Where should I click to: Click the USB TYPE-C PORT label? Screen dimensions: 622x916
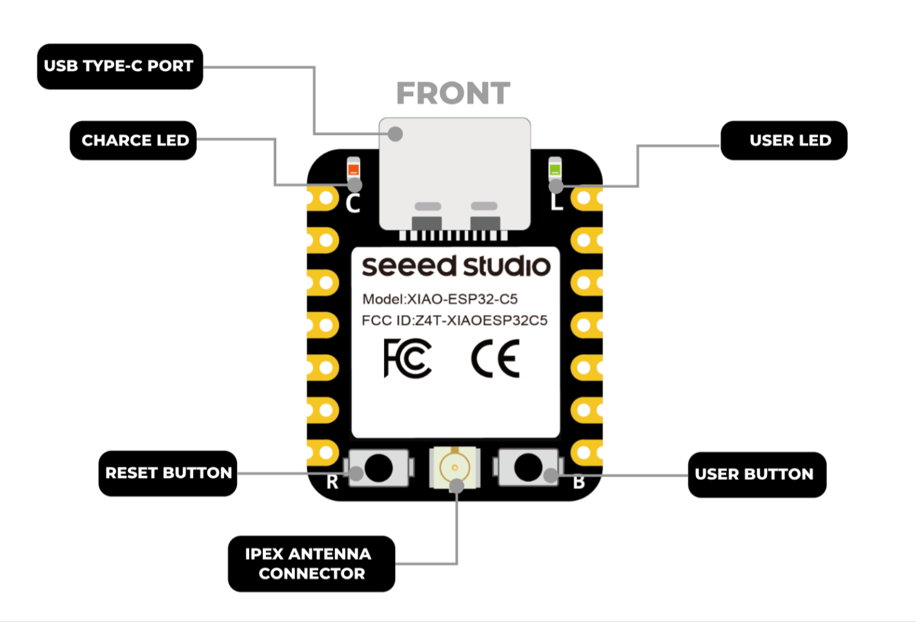[120, 67]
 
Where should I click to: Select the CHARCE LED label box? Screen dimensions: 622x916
[133, 140]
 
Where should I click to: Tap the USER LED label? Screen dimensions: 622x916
[784, 140]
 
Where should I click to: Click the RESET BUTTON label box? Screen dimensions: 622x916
[168, 473]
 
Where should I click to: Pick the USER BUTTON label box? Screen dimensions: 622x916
[757, 475]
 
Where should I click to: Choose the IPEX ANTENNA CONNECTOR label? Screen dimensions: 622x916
[311, 564]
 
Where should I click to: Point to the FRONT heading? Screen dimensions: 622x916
[453, 94]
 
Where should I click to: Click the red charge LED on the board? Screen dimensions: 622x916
[353, 170]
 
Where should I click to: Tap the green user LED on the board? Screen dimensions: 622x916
[555, 170]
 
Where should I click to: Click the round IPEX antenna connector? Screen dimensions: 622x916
[454, 467]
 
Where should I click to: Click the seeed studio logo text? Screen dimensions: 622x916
[456, 266]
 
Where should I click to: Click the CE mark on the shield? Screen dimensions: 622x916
[495, 359]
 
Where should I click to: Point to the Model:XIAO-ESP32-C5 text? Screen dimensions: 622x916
[440, 299]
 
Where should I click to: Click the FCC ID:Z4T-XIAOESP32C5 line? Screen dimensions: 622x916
[454, 320]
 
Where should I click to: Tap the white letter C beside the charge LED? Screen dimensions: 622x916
[352, 203]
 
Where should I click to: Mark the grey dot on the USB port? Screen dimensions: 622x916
[396, 134]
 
